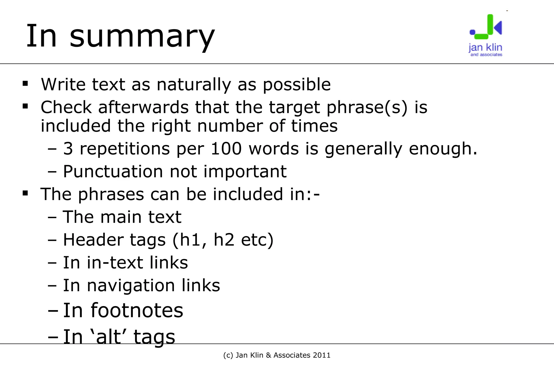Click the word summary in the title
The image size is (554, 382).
tap(142, 36)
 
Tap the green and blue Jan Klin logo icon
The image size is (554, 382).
tap(486, 27)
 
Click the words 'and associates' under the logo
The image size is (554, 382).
tap(486, 55)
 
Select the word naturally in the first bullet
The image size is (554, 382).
tap(194, 85)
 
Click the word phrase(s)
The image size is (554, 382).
tap(367, 107)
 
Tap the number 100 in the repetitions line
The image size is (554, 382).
tap(226, 149)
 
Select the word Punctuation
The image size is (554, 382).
tap(113, 171)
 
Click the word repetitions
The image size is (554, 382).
tap(124, 149)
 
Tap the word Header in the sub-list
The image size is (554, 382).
tap(93, 240)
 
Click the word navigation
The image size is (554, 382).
tap(131, 285)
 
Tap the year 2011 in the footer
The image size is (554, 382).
tap(321, 355)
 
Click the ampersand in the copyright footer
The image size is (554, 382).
tap(269, 355)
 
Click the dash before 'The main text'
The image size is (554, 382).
tap(52, 217)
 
